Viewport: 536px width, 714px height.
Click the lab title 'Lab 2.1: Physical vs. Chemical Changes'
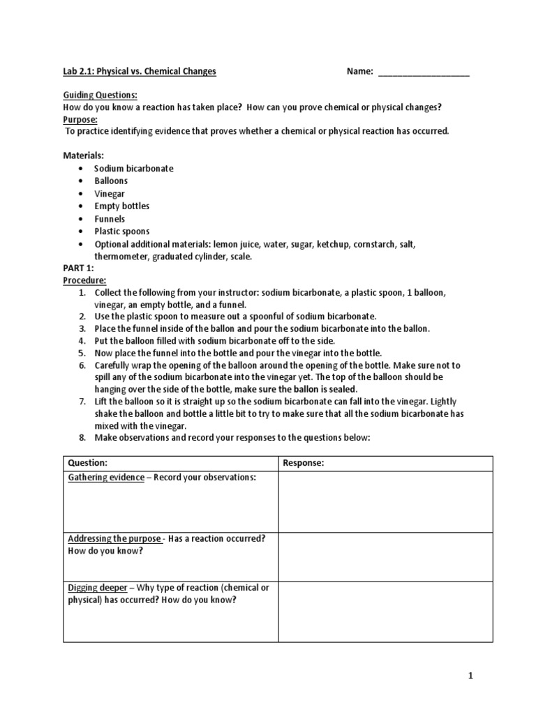pos(140,72)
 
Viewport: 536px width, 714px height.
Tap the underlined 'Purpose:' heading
pos(81,119)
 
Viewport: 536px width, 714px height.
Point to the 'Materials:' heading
pos(83,156)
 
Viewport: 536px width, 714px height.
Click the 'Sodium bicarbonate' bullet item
pos(134,169)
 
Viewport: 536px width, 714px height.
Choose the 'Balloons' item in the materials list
pos(112,181)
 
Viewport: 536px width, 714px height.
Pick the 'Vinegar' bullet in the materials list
pos(110,194)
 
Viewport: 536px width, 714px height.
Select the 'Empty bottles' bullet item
pos(122,206)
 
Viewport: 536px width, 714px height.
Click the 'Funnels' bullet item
pos(110,219)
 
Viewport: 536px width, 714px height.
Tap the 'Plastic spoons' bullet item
pos(122,231)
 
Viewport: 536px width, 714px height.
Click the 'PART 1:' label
pos(78,268)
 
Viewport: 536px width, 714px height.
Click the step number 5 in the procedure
pos(82,354)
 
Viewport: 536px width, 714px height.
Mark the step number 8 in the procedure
pos(82,438)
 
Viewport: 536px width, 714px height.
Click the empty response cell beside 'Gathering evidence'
pos(385,502)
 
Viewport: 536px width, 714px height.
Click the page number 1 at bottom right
pos(471,676)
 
